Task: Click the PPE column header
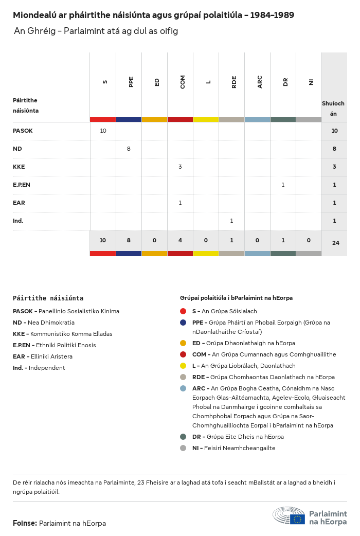(131, 82)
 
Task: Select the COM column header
(183, 82)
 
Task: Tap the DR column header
(285, 82)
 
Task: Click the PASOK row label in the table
(23, 131)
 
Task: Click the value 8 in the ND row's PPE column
(129, 149)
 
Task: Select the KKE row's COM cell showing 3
(180, 167)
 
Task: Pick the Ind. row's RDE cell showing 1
(231, 221)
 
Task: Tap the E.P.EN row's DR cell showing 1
(283, 185)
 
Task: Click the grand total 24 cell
(335, 243)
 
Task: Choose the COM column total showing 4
(180, 240)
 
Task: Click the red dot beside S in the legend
(183, 311)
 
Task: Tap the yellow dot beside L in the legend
(183, 366)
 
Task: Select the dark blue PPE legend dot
(183, 323)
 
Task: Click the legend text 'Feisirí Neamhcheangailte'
(240, 448)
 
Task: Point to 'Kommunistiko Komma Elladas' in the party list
(71, 334)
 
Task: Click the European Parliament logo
(310, 516)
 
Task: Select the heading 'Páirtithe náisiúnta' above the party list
(48, 298)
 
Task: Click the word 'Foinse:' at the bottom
(25, 523)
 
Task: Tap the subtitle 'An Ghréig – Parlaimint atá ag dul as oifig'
(96, 31)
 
